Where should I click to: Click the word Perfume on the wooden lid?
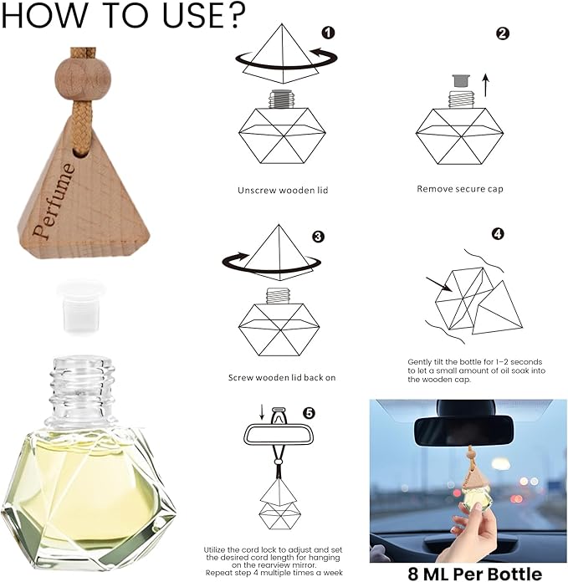point(56,197)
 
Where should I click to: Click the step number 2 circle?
point(503,33)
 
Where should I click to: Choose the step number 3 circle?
point(318,237)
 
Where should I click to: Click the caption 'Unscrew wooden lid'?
point(283,190)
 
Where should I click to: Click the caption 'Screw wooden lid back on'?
point(282,377)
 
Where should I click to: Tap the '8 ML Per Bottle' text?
point(468,574)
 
